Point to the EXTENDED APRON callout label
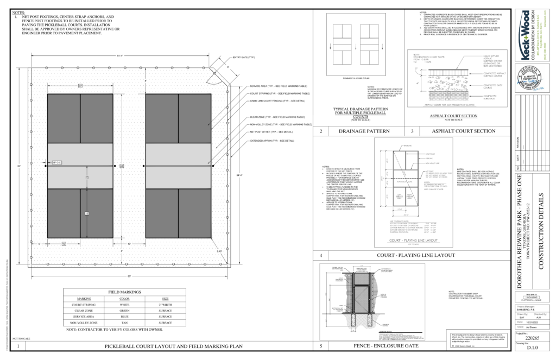coord(271,141)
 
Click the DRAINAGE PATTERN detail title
coord(358,131)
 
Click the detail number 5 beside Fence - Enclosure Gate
coord(321,346)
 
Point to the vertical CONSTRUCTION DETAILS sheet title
coord(540,228)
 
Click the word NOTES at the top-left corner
coord(18,11)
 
